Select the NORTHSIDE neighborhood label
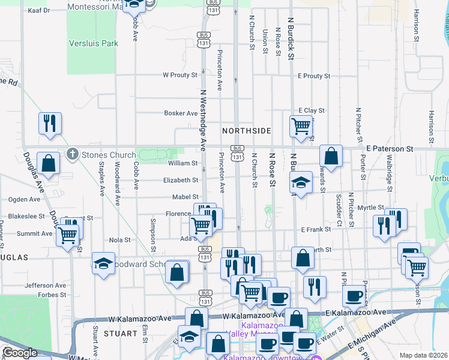[x=246, y=130]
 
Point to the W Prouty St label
[x=180, y=75]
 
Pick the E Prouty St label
[x=314, y=76]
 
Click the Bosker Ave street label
[x=181, y=113]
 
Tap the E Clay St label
[x=312, y=110]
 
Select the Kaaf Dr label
[x=38, y=11]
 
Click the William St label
[x=182, y=163]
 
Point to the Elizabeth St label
[x=180, y=180]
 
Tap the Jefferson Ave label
[x=46, y=286]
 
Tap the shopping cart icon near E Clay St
[x=300, y=126]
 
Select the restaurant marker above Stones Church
[x=50, y=123]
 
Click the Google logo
[x=20, y=352]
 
